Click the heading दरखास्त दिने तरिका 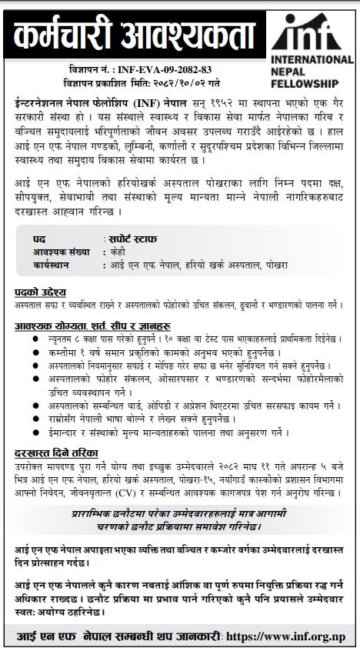[x=56, y=453]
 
